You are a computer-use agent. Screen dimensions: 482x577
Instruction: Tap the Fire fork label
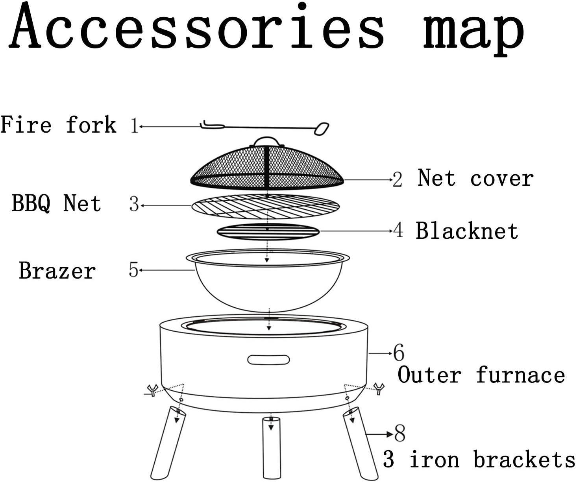58,125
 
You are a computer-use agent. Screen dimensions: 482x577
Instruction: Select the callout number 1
134,126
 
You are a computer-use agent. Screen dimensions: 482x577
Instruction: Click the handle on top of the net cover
266,141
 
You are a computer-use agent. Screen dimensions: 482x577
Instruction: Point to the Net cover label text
475,178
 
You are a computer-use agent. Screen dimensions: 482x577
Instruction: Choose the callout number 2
398,180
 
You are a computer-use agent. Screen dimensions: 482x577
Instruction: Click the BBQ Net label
56,203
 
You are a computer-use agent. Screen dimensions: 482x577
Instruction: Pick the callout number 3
134,205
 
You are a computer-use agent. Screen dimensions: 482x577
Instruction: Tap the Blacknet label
467,231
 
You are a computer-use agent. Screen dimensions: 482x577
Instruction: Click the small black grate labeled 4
268,232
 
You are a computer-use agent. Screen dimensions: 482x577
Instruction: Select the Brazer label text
57,271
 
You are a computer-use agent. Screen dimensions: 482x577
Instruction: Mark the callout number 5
134,270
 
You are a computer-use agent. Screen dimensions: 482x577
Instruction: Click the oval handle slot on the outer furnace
268,360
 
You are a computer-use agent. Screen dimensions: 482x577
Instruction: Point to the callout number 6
399,353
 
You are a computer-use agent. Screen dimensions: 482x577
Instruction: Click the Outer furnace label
481,375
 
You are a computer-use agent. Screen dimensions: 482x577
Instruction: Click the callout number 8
400,434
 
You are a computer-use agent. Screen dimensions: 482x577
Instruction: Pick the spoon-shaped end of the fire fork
322,129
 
